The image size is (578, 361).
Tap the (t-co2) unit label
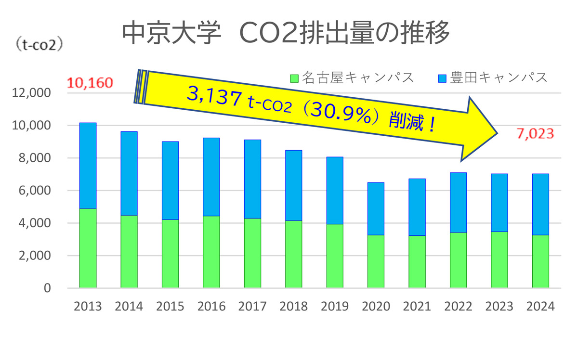coord(40,46)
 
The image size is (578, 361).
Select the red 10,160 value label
coord(90,83)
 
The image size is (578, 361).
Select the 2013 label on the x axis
coord(88,307)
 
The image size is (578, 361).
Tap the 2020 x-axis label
coord(376,307)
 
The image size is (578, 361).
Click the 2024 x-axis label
coord(540,307)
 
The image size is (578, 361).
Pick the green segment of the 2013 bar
coord(88,248)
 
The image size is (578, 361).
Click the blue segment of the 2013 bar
coord(88,166)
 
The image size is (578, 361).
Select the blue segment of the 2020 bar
coord(376,208)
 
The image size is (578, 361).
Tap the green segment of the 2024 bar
coord(540,261)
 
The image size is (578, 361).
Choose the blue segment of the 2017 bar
coord(252,179)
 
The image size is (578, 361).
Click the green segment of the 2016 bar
coord(211,252)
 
